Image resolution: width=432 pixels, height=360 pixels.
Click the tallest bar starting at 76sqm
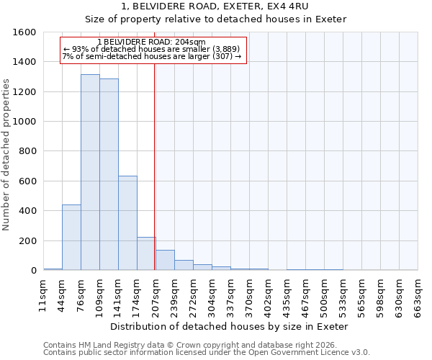(90, 173)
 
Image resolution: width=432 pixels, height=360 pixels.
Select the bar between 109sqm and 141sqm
(109, 175)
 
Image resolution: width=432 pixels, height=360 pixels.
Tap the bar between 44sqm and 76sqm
(71, 238)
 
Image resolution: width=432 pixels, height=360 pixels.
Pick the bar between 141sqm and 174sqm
(127, 223)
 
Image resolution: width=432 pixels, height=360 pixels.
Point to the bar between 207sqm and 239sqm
(165, 260)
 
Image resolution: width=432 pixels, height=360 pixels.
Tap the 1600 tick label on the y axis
(24, 32)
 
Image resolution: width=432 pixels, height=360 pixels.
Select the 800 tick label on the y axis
(27, 151)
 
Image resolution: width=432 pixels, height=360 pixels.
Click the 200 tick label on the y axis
(27, 240)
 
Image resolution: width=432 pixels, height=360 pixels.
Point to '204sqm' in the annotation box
(190, 42)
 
